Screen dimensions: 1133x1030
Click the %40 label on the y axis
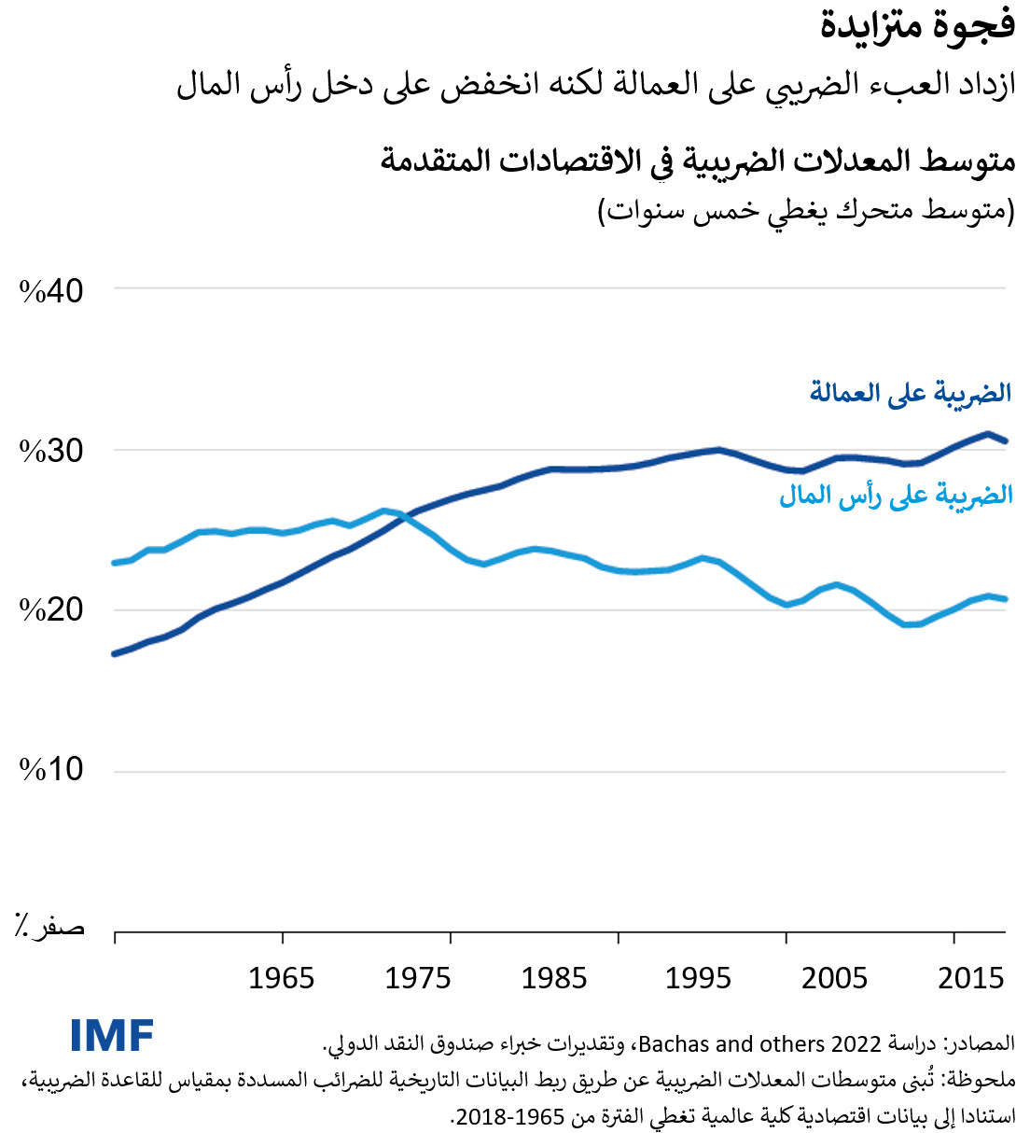pos(51,291)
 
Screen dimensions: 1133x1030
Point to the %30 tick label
pos(51,451)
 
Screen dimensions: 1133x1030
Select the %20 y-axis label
pos(51,609)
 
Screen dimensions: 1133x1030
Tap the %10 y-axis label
pos(51,769)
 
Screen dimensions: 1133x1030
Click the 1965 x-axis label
pos(281,978)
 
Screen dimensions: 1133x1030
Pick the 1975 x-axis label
pos(417,978)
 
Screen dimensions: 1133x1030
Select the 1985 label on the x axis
pos(554,978)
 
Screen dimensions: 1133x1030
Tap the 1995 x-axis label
pos(698,978)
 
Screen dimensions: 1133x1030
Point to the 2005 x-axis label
pos(834,978)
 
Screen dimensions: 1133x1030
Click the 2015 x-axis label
pos(970,978)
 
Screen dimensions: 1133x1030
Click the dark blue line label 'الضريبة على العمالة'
pos(911,393)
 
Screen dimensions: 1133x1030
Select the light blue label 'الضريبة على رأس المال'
pos(896,495)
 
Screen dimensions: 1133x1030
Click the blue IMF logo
pos(112,1036)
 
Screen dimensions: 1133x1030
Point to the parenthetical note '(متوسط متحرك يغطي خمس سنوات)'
pos(806,211)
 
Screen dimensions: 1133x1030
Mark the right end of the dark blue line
pos(1005,441)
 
